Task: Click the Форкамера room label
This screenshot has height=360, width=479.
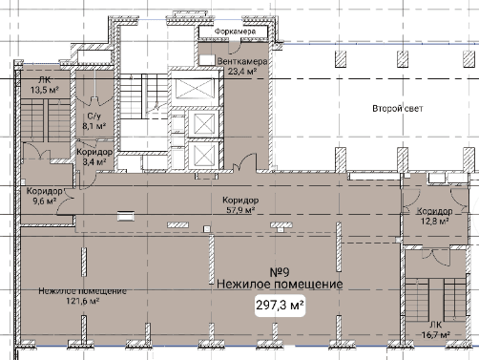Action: coord(235,32)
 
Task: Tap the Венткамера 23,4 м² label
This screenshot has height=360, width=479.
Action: coord(241,66)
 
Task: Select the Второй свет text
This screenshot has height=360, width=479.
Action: coord(398,109)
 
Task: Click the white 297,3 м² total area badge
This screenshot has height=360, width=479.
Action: coord(280,306)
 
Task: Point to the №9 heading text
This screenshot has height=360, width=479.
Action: coord(280,272)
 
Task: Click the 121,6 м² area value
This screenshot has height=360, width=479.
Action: coord(83,301)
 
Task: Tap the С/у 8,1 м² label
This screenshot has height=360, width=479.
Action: coord(94,121)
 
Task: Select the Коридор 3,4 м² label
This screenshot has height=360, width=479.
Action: coord(94,157)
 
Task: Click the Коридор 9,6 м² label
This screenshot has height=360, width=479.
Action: coord(45,196)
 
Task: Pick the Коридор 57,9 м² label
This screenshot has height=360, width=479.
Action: coord(240,205)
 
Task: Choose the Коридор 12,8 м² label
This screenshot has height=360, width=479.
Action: coord(435,216)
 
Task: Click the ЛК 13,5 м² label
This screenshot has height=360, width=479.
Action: coord(45,85)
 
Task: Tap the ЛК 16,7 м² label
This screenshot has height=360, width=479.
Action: coord(435,330)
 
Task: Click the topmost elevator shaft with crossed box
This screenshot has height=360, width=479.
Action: coord(196,88)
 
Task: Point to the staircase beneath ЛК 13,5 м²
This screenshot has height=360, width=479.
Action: coord(46,119)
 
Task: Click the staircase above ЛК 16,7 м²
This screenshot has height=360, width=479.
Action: coord(435,300)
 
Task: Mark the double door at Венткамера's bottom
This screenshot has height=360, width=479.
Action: coord(244,163)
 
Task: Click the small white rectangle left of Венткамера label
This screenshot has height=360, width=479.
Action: coord(207,60)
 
